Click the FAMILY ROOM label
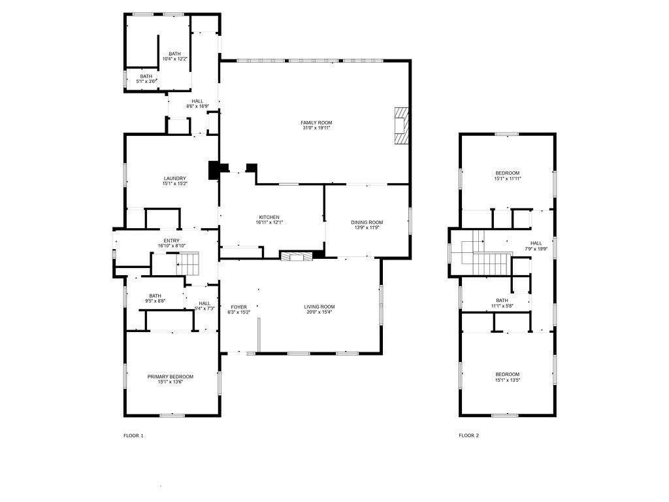tap(316, 123)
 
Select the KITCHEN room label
tap(269, 217)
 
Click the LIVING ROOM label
tap(319, 307)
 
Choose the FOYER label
tap(238, 307)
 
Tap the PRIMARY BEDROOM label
tap(170, 376)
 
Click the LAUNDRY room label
tap(174, 178)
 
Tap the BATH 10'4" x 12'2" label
tap(174, 54)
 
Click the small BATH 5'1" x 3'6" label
tap(146, 76)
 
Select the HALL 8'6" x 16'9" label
tap(197, 101)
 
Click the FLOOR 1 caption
tap(133, 435)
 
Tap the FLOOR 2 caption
tap(468, 435)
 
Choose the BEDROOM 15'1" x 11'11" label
tap(507, 173)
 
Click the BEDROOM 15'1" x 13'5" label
tap(507, 375)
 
